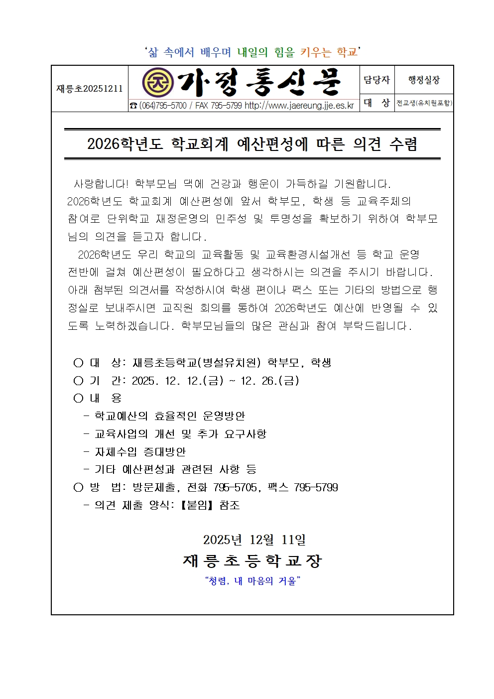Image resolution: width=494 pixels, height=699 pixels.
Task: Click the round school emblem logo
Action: (157, 82)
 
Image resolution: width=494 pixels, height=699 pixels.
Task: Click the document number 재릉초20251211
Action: (90, 89)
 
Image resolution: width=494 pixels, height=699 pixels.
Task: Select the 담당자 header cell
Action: (376, 80)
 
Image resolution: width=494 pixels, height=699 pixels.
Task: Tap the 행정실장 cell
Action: (424, 80)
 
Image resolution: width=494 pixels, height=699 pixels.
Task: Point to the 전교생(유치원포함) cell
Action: (424, 103)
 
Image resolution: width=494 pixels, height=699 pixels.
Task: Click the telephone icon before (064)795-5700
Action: (133, 106)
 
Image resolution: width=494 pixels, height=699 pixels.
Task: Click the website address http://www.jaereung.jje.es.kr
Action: (299, 106)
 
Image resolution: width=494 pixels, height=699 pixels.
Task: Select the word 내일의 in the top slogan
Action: (252, 52)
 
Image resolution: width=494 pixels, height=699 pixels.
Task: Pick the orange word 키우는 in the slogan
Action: (316, 52)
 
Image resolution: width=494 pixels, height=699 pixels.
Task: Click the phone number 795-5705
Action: (235, 487)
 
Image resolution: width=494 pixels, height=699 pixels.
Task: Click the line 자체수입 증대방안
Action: (140, 452)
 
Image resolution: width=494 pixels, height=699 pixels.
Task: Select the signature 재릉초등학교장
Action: (252, 561)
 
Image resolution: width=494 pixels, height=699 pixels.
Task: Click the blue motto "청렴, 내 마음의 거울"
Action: (252, 581)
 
